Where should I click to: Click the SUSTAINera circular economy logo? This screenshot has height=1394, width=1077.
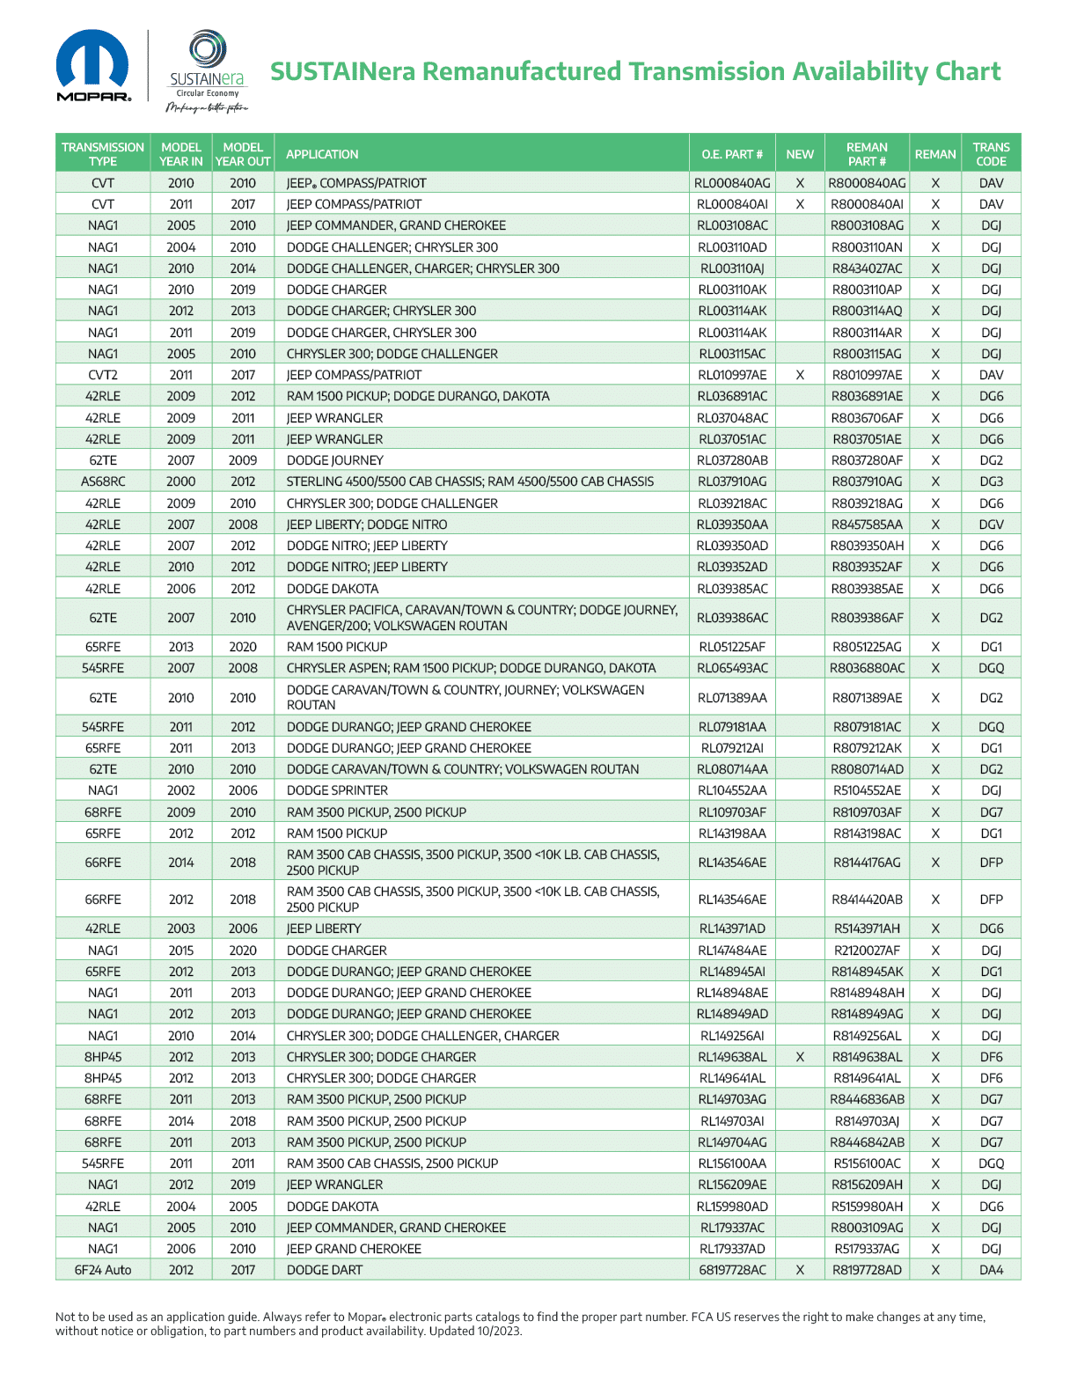(208, 70)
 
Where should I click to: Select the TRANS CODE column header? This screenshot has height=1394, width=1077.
(991, 154)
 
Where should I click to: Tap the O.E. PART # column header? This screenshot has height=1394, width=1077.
(732, 154)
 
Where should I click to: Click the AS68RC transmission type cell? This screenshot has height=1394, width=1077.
(103, 481)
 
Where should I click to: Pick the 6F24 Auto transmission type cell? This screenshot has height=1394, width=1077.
(103, 1270)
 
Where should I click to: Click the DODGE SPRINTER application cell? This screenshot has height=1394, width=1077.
(337, 790)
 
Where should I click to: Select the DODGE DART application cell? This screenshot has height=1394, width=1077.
(324, 1270)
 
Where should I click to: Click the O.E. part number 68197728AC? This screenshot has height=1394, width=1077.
(732, 1270)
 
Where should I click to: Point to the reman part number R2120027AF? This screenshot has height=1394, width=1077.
(867, 950)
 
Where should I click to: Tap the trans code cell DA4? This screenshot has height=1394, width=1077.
(991, 1270)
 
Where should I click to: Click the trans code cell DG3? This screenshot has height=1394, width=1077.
(991, 481)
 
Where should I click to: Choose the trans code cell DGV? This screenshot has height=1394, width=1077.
(991, 525)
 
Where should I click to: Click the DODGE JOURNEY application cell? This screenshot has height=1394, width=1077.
(334, 460)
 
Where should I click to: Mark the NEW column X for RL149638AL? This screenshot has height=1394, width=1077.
(800, 1057)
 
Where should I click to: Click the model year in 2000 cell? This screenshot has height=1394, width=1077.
(181, 481)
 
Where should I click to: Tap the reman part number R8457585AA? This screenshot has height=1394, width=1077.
(867, 525)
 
